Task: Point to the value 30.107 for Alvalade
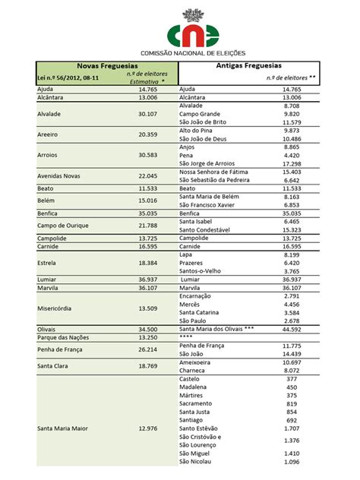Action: point(147,114)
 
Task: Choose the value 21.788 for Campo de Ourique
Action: point(147,226)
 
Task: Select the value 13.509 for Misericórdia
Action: point(147,308)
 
